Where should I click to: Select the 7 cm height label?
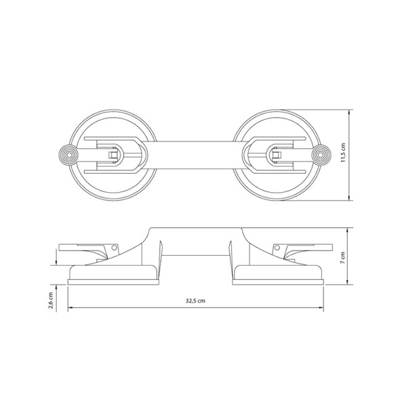[344, 257]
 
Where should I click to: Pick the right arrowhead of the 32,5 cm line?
[321, 310]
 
